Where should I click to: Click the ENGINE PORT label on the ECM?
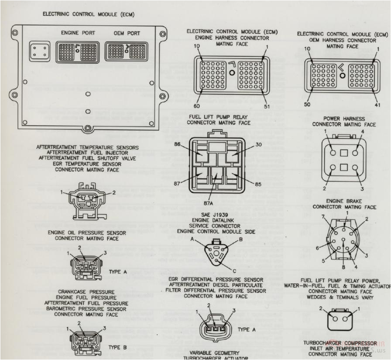click(79, 33)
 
